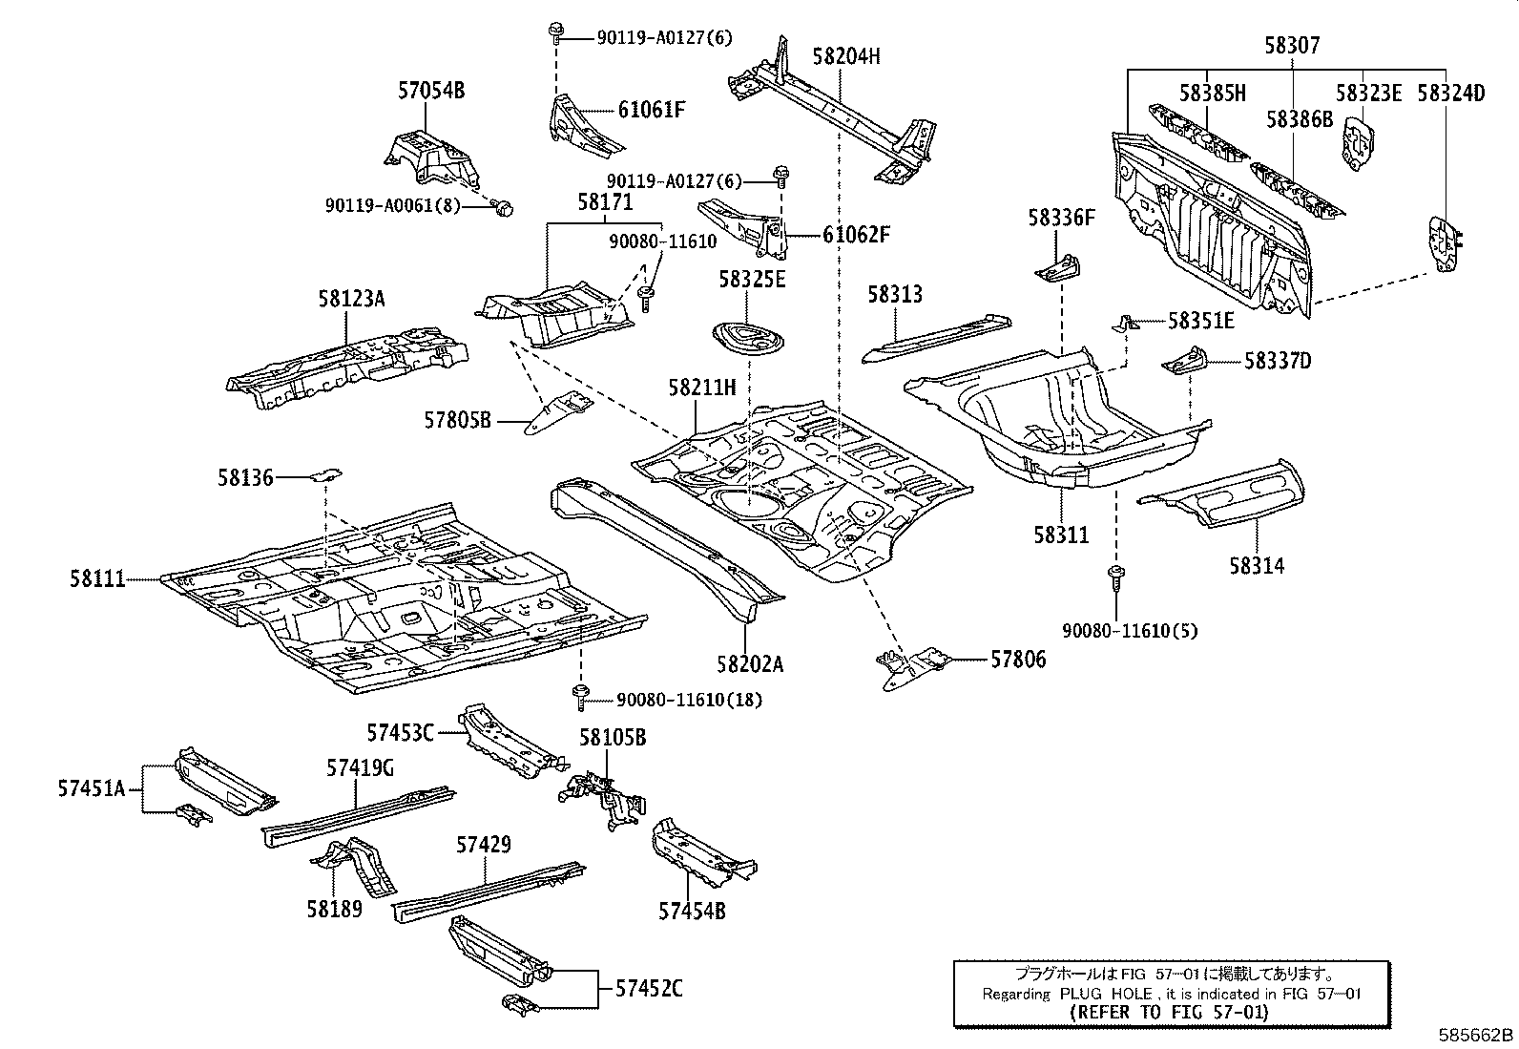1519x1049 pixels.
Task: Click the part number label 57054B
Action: pos(430,92)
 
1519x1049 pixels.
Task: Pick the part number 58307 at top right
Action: pos(1293,44)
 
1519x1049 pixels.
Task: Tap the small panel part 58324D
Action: pos(1444,244)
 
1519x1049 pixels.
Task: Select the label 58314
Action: pos(1256,565)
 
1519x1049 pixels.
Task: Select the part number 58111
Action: pos(96,578)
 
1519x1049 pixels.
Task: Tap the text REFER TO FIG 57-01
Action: pos(1169,1012)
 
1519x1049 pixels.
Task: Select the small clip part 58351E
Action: pos(1128,323)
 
